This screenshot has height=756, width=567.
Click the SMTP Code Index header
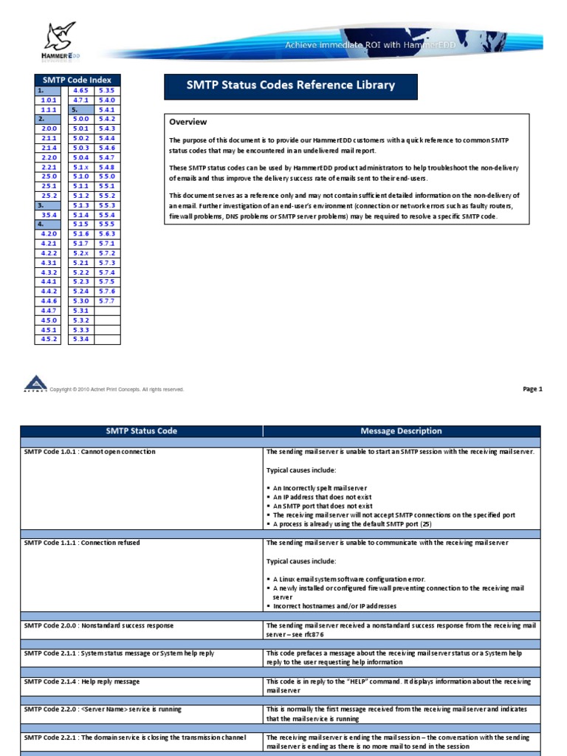[x=78, y=80]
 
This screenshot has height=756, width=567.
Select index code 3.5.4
[x=49, y=215]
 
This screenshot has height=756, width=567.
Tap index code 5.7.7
[x=107, y=301]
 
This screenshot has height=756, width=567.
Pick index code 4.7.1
[x=80, y=100]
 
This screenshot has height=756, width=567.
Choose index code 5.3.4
[x=80, y=340]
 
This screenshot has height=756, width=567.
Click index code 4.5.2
[x=49, y=340]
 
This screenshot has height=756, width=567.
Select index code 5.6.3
[x=107, y=234]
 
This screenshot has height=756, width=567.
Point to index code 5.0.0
[x=80, y=119]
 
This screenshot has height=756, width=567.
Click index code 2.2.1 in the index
[x=49, y=167]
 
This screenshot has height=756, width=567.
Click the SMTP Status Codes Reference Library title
[x=291, y=86]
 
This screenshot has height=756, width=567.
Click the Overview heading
[x=188, y=122]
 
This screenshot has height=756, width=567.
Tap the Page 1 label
[x=532, y=389]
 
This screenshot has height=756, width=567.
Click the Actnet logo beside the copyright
[x=34, y=384]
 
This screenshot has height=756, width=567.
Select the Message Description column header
[x=401, y=431]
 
